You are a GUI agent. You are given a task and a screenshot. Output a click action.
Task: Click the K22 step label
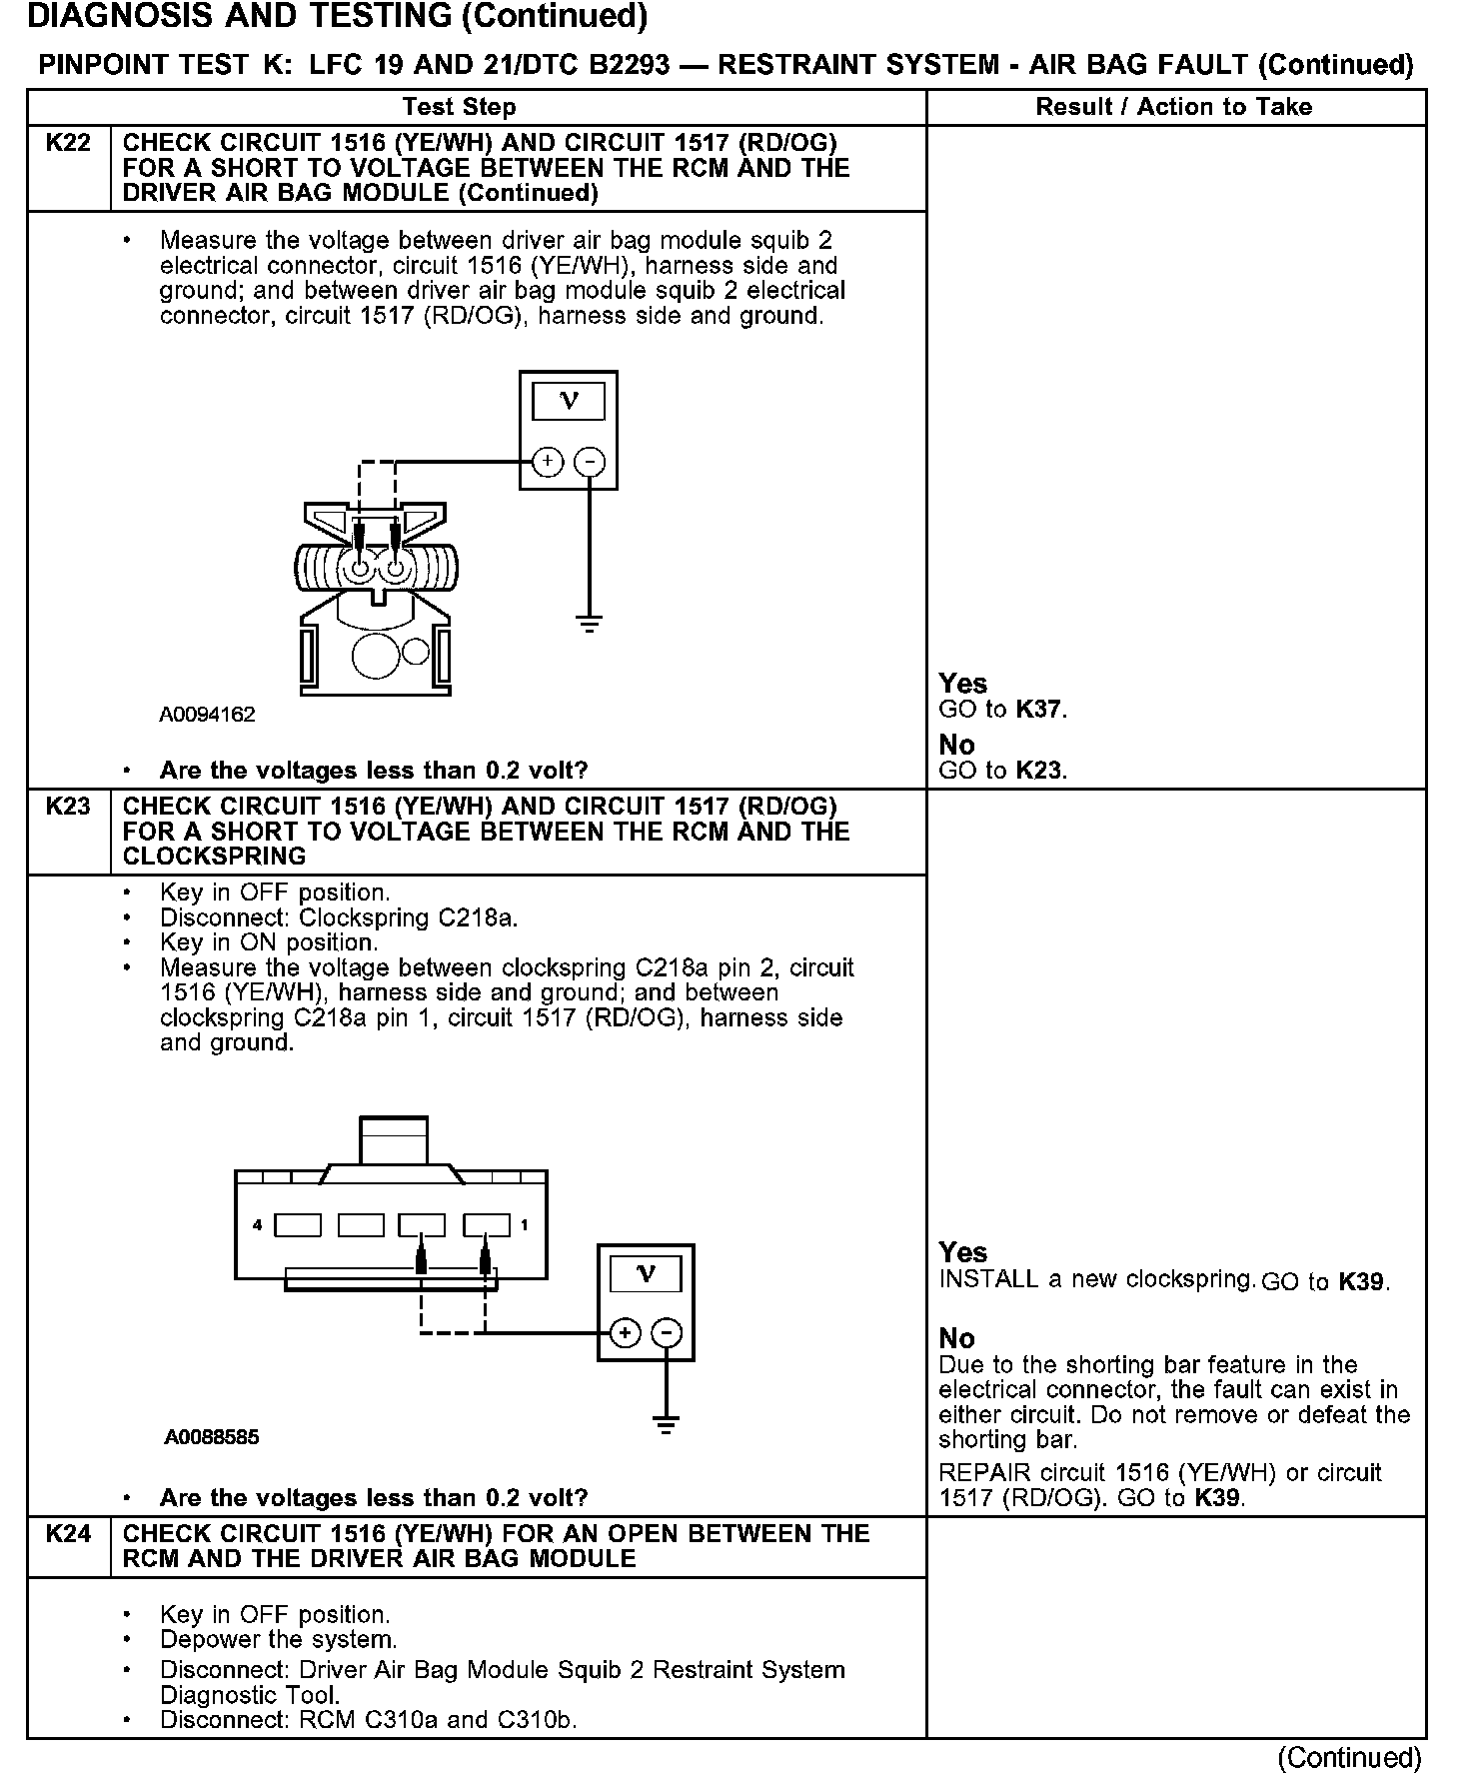68,143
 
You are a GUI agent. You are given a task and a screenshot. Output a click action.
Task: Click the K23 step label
68,807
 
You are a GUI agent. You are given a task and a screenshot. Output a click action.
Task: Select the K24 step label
68,1534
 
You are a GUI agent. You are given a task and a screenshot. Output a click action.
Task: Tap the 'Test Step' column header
459,107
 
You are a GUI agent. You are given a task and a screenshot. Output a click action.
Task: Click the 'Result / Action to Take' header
1173,107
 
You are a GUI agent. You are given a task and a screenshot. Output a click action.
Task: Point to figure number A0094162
207,715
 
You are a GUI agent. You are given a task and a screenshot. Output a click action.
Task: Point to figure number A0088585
212,1437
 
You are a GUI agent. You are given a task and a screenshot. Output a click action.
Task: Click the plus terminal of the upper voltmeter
547,462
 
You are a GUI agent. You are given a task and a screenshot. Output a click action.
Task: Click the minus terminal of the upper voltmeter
590,462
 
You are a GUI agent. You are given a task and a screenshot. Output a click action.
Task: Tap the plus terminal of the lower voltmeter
625,1333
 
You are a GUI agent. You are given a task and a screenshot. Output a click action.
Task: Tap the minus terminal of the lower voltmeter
667,1333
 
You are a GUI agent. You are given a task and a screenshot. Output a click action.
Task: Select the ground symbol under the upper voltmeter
590,626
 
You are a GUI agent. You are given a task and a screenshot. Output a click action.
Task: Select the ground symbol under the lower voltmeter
667,1423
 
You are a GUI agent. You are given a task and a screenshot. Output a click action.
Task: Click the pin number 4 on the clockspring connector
257,1224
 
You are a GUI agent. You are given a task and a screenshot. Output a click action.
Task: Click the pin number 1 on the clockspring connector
525,1224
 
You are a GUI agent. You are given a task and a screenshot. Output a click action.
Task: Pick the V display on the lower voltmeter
646,1274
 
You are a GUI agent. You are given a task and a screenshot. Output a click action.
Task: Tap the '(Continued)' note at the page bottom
1349,1757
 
